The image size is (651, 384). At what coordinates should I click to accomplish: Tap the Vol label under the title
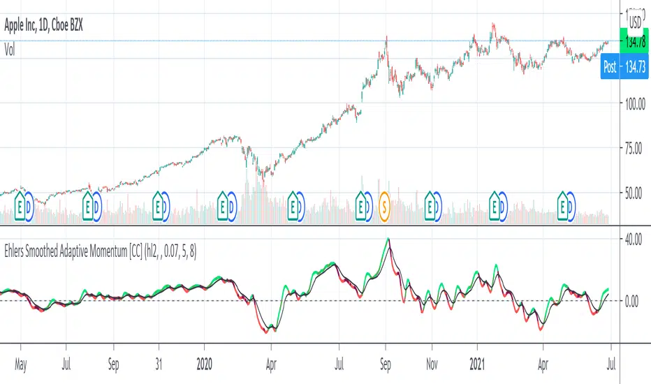pyautogui.click(x=11, y=50)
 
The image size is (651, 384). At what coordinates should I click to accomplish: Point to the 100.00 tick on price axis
pyautogui.click(x=634, y=103)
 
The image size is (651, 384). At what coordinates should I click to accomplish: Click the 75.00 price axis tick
pyautogui.click(x=634, y=148)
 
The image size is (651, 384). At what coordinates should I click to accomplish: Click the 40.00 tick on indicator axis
pyautogui.click(x=634, y=239)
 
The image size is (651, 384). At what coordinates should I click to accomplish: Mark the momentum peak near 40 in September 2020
pyautogui.click(x=388, y=239)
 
